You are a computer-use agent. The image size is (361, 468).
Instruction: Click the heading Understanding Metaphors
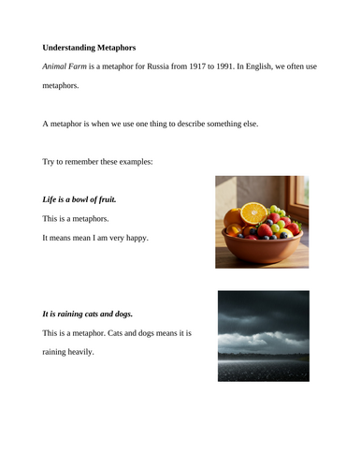pyautogui.click(x=95, y=46)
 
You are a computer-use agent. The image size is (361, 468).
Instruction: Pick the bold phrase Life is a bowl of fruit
pyautogui.click(x=79, y=200)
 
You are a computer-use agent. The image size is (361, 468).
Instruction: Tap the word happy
pyautogui.click(x=135, y=239)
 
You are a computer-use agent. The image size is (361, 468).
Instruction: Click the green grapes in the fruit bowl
pyautogui.click(x=277, y=212)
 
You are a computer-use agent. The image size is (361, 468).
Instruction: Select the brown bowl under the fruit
pyautogui.click(x=262, y=247)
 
